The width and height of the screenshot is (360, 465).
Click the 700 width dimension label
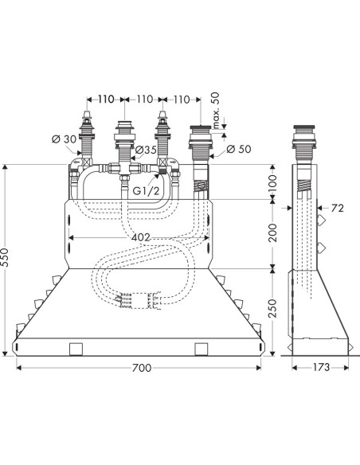click(x=142, y=368)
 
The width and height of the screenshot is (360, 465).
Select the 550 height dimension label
click(x=5, y=257)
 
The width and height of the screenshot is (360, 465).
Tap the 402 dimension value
click(x=140, y=237)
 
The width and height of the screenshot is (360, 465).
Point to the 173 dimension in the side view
click(x=321, y=367)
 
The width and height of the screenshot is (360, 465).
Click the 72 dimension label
click(x=338, y=208)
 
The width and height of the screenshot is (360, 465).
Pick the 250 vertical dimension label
click(x=273, y=308)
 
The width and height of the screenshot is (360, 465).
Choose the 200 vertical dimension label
click(x=273, y=232)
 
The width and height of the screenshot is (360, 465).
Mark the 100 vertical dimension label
click(x=273, y=182)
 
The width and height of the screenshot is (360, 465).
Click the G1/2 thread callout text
click(x=146, y=190)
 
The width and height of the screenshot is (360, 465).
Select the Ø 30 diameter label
click(x=64, y=139)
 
